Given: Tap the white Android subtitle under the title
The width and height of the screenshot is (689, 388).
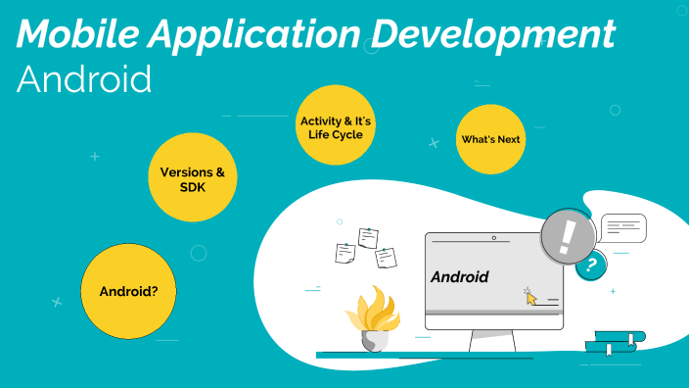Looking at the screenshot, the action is tap(84, 78).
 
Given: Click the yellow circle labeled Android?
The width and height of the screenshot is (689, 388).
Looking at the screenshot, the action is tap(129, 291).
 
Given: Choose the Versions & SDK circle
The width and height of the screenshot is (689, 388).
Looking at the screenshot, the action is tap(192, 179).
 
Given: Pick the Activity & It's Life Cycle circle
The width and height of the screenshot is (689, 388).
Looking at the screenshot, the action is tap(335, 127).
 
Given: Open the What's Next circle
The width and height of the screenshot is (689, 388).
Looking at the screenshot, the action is tap(490, 139).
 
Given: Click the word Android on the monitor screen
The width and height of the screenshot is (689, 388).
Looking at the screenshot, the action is tap(459, 277).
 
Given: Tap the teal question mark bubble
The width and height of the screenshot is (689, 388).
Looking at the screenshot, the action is tap(590, 265).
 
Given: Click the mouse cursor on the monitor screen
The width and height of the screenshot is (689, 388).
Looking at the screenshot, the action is tap(530, 296).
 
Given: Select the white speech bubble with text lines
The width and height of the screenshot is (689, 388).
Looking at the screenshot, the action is tap(623, 228).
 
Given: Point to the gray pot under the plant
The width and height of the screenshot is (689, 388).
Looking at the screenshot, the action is tap(373, 340).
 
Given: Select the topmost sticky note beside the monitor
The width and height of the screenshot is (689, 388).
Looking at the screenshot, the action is tap(368, 237).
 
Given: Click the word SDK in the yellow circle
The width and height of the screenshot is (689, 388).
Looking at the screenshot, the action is tap(192, 187).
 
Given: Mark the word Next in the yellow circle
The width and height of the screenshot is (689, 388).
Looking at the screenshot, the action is tap(508, 139).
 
